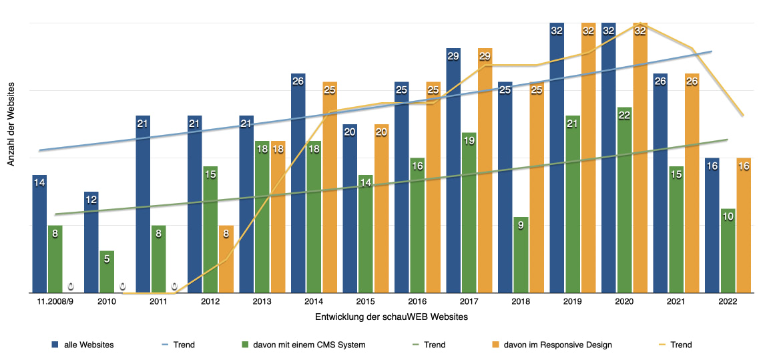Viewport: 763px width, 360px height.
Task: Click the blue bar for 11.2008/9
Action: (39, 234)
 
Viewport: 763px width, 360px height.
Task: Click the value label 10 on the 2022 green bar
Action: (728, 217)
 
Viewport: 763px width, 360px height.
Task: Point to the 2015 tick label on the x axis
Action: (366, 303)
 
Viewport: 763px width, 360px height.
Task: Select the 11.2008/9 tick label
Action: (55, 303)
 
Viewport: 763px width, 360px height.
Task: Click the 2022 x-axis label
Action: (728, 303)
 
